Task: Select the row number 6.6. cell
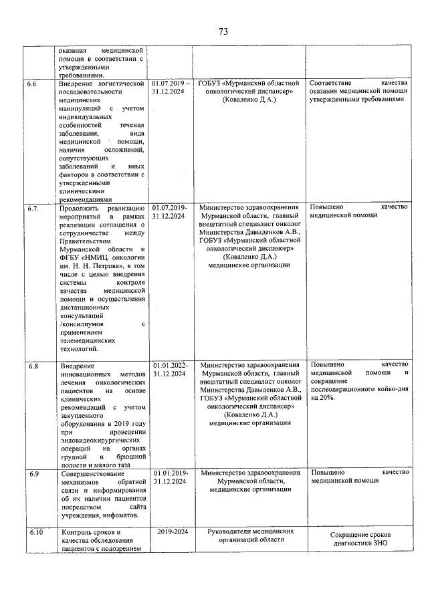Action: [33, 84]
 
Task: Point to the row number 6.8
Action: [32, 366]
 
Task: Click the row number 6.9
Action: [32, 473]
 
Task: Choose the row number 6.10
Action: [33, 532]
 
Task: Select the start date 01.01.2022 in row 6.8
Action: [171, 366]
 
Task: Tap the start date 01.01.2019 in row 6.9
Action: [171, 473]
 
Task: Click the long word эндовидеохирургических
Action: [95, 441]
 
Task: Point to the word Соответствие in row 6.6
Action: [334, 84]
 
